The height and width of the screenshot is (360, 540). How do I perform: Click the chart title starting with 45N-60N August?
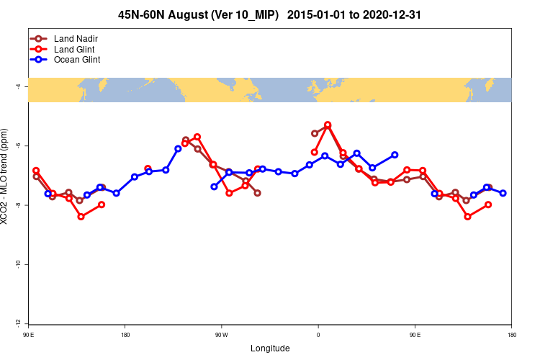[270, 14]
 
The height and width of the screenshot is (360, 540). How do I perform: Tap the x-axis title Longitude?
[270, 348]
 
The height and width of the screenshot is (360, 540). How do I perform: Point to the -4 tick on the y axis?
[18, 86]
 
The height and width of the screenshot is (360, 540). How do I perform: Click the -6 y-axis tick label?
[18, 146]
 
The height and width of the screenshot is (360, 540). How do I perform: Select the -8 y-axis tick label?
[18, 205]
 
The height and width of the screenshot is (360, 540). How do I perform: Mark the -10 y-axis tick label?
[18, 264]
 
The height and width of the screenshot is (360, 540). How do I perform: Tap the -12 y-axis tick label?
[18, 323]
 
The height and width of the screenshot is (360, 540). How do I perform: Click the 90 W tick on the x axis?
[221, 334]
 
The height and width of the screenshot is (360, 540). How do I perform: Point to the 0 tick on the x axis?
[318, 334]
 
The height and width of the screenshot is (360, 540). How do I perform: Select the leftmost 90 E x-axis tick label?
[28, 334]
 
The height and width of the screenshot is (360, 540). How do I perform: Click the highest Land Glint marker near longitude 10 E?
[328, 125]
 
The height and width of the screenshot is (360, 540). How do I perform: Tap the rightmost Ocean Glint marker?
[503, 193]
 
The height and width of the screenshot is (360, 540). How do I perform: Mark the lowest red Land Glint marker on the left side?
[81, 217]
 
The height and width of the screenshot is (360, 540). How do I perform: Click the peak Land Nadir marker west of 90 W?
[186, 140]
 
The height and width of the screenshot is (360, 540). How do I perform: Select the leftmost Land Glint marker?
[36, 171]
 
